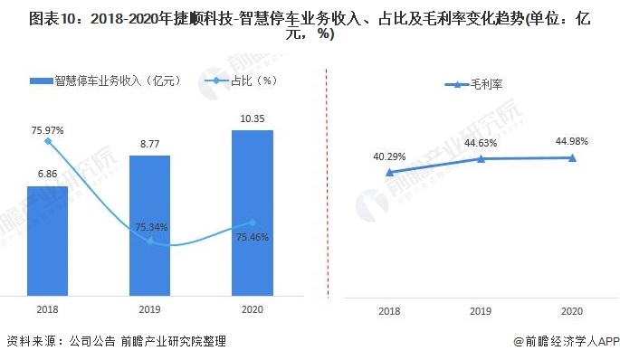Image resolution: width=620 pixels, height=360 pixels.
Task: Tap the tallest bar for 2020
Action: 253,212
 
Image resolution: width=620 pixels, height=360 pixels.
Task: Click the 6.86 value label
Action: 47,174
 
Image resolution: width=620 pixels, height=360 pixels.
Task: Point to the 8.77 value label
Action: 149,143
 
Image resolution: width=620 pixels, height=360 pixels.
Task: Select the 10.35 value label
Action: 253,118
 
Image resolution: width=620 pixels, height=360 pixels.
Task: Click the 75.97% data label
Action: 47,130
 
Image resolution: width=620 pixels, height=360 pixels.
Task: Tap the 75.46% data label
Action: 253,237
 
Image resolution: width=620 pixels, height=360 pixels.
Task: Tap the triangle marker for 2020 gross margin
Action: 572,157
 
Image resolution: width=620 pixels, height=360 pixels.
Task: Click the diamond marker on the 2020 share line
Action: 253,223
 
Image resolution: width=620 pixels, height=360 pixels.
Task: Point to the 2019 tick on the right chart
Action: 482,311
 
